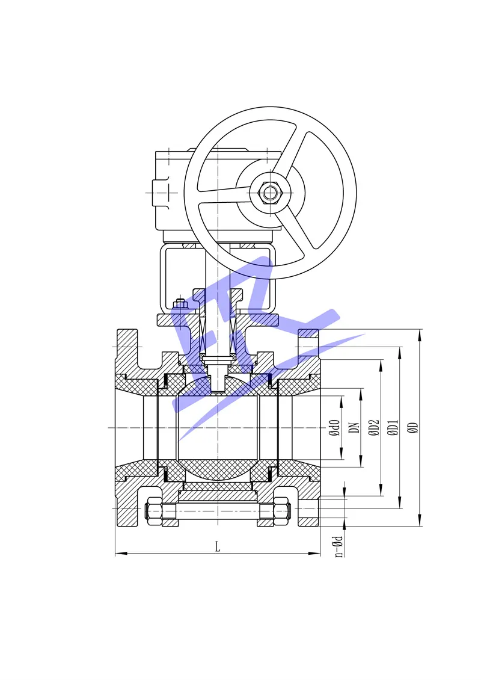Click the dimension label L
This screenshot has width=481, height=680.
click(218, 546)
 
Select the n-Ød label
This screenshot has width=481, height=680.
click(339, 546)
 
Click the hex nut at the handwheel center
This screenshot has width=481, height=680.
click(270, 193)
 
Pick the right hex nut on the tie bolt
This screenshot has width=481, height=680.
click(281, 511)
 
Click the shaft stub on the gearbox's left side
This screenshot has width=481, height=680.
click(160, 193)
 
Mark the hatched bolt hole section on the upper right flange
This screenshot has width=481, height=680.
click(308, 333)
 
